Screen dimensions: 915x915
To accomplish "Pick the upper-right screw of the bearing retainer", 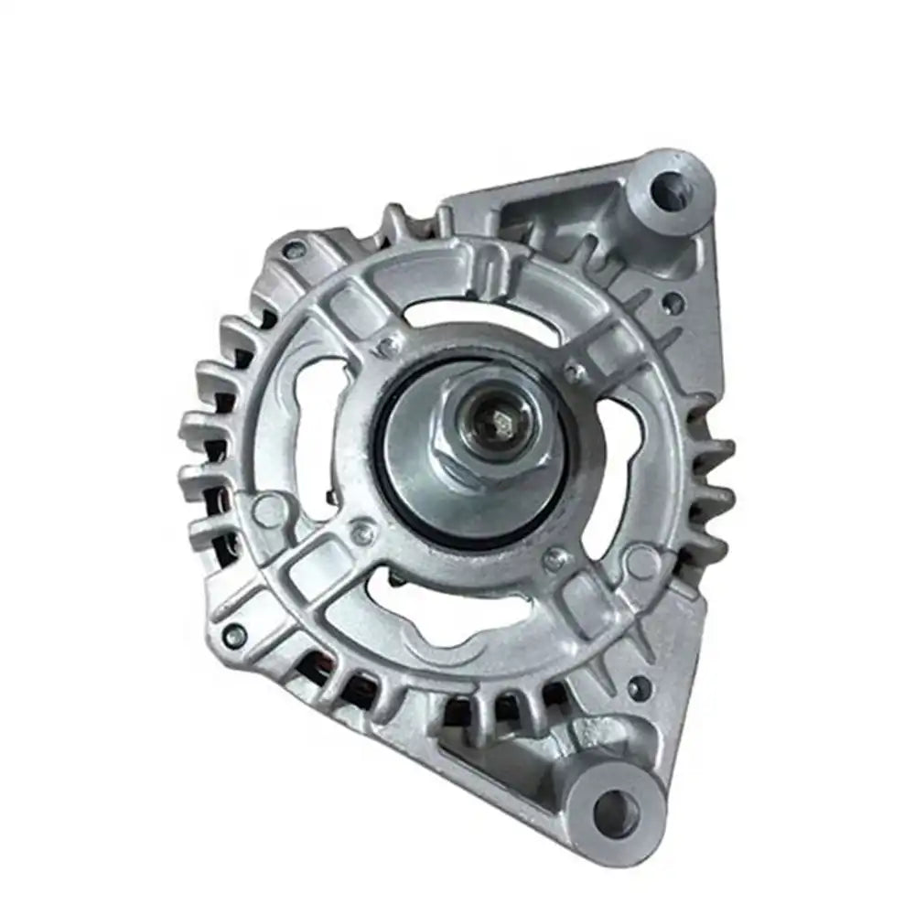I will pyautogui.click(x=575, y=371).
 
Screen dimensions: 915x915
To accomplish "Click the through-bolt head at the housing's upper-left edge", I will pyautogui.click(x=293, y=248).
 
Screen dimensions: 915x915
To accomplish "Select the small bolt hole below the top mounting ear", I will pyautogui.click(x=673, y=299).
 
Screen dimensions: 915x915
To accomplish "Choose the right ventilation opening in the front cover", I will pyautogui.click(x=622, y=476).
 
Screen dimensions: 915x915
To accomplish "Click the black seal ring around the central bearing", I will pyautogui.click(x=384, y=476).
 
